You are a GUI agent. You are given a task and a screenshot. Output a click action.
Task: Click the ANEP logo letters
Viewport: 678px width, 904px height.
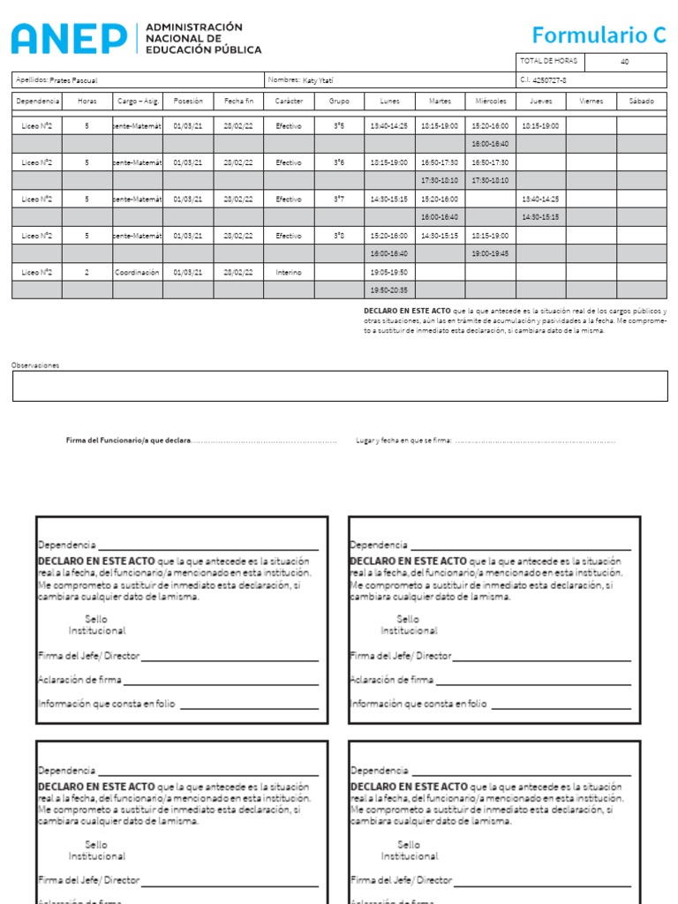click(69, 38)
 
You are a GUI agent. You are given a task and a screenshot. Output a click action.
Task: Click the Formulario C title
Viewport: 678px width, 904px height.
click(599, 35)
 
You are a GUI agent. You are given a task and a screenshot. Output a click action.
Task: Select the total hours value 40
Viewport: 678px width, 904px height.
click(625, 62)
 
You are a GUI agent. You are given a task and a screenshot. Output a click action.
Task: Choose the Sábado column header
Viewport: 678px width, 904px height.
click(642, 102)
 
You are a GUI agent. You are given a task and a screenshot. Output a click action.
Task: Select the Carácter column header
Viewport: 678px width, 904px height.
click(289, 102)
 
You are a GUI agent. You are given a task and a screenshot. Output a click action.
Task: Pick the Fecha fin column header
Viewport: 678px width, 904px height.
click(238, 102)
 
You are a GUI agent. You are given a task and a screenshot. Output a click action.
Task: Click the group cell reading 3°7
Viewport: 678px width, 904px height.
click(339, 200)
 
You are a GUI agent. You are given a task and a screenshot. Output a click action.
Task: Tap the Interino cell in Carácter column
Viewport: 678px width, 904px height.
click(289, 273)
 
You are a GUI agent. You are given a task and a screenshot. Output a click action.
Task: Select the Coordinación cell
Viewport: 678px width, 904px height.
click(138, 273)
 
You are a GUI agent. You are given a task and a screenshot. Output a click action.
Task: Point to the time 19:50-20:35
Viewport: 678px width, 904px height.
click(389, 290)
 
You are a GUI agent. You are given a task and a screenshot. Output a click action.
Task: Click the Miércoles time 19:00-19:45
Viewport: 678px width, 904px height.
click(490, 253)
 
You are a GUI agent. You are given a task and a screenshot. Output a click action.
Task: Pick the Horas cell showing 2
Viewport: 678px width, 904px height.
click(87, 273)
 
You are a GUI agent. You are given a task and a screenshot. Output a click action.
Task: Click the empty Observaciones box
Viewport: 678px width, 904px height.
click(340, 386)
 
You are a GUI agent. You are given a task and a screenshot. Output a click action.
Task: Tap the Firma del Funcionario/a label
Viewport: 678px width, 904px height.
click(128, 440)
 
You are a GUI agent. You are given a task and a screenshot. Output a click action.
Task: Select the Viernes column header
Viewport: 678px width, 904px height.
click(591, 102)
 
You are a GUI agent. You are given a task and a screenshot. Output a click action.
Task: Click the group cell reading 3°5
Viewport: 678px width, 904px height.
click(339, 126)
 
